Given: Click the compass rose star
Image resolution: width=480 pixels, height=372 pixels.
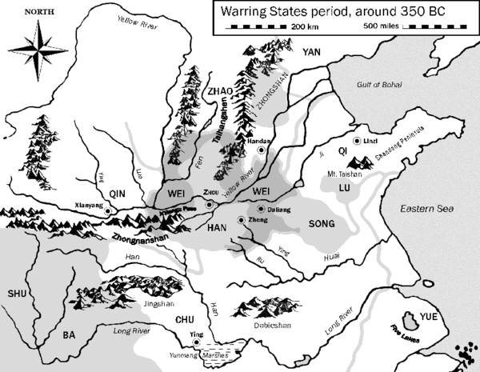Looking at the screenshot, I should tap(38, 50).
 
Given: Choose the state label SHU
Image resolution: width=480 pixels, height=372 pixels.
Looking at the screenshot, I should tap(18, 294).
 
